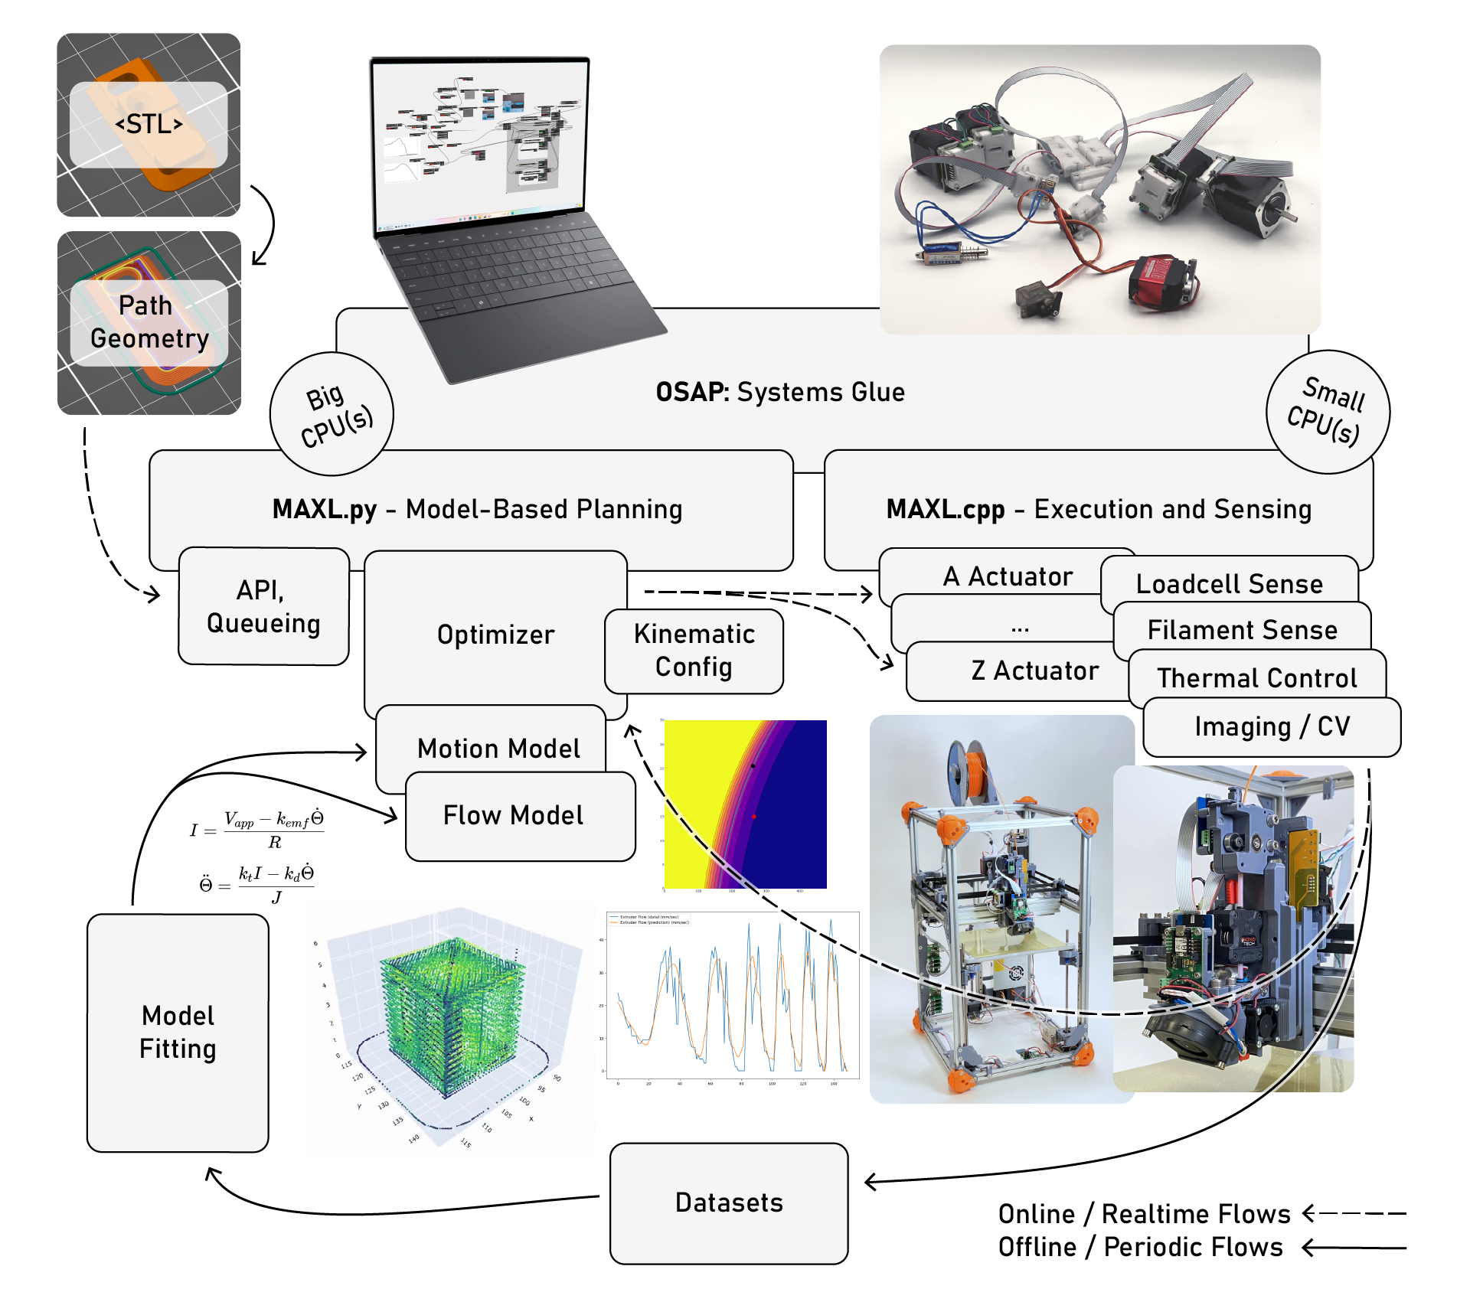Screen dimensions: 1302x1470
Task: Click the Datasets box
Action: (x=729, y=1202)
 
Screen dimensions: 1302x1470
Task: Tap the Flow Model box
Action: (x=513, y=816)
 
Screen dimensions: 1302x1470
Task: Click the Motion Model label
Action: (x=498, y=748)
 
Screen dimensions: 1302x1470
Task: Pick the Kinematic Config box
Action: (x=694, y=651)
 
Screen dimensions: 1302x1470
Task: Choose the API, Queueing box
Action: (x=263, y=606)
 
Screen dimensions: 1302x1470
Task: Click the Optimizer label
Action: (x=495, y=635)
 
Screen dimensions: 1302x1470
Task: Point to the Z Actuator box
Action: (x=1034, y=671)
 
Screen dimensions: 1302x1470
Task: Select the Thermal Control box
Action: (x=1256, y=678)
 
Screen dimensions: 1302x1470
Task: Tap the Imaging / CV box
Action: (x=1272, y=726)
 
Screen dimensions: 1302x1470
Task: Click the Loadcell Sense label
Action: (x=1229, y=584)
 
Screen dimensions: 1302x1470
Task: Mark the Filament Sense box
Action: (x=1242, y=630)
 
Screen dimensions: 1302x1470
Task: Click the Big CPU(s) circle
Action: (x=332, y=414)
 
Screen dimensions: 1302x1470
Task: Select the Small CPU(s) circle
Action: (x=1328, y=412)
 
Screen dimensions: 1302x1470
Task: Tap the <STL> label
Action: (x=149, y=124)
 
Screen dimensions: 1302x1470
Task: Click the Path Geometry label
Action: (x=149, y=322)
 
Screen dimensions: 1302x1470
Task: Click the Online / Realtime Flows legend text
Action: (x=1144, y=1214)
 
